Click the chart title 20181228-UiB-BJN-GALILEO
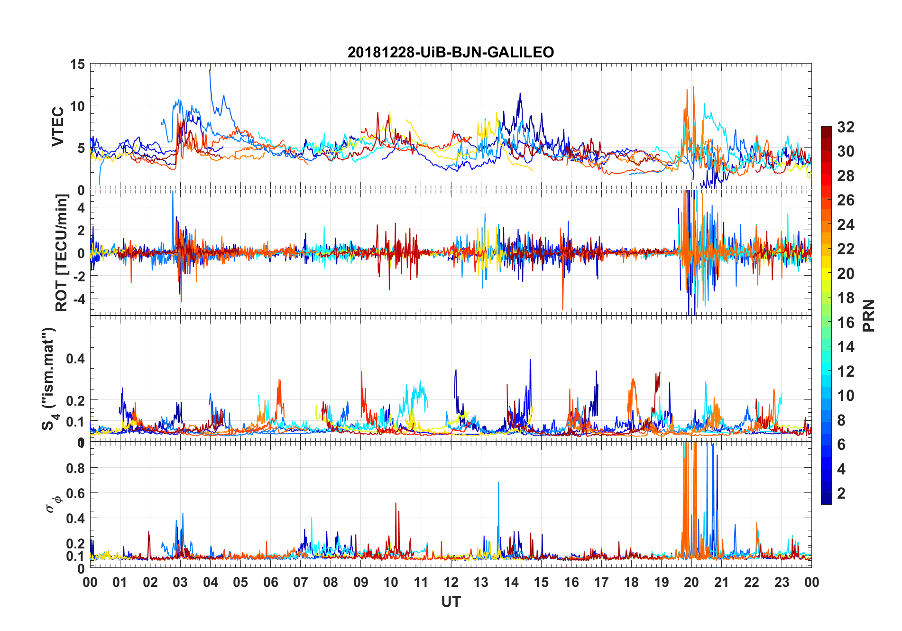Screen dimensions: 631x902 click(451, 52)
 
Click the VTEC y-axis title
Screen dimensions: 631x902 click(58, 127)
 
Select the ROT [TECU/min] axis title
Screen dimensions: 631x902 click(62, 253)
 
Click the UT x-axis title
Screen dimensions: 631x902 click(451, 602)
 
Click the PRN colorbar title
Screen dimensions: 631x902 click(868, 315)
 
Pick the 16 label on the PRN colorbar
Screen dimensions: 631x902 click(846, 323)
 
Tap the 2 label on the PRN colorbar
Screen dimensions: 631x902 click(841, 493)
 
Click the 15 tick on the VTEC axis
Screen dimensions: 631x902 click(78, 65)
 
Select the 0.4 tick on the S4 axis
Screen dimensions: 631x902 click(75, 359)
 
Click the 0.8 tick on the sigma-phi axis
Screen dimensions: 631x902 click(75, 468)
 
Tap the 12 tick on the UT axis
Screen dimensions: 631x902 click(451, 583)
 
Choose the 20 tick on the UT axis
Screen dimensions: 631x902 click(691, 583)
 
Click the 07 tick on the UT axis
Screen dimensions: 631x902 click(301, 583)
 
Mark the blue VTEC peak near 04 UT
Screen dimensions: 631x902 click(210, 71)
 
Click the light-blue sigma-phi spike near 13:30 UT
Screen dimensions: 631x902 click(498, 483)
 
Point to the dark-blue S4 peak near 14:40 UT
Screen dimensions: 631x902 click(530, 361)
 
